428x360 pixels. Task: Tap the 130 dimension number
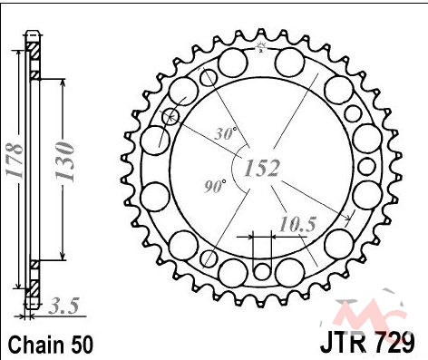64,161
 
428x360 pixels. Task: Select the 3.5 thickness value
63,306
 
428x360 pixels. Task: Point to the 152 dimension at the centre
262,168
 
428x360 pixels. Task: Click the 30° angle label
226,133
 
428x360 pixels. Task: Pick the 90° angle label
215,186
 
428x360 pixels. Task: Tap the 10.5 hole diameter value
297,224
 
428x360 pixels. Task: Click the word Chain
37,345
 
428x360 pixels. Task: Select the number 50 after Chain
83,345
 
